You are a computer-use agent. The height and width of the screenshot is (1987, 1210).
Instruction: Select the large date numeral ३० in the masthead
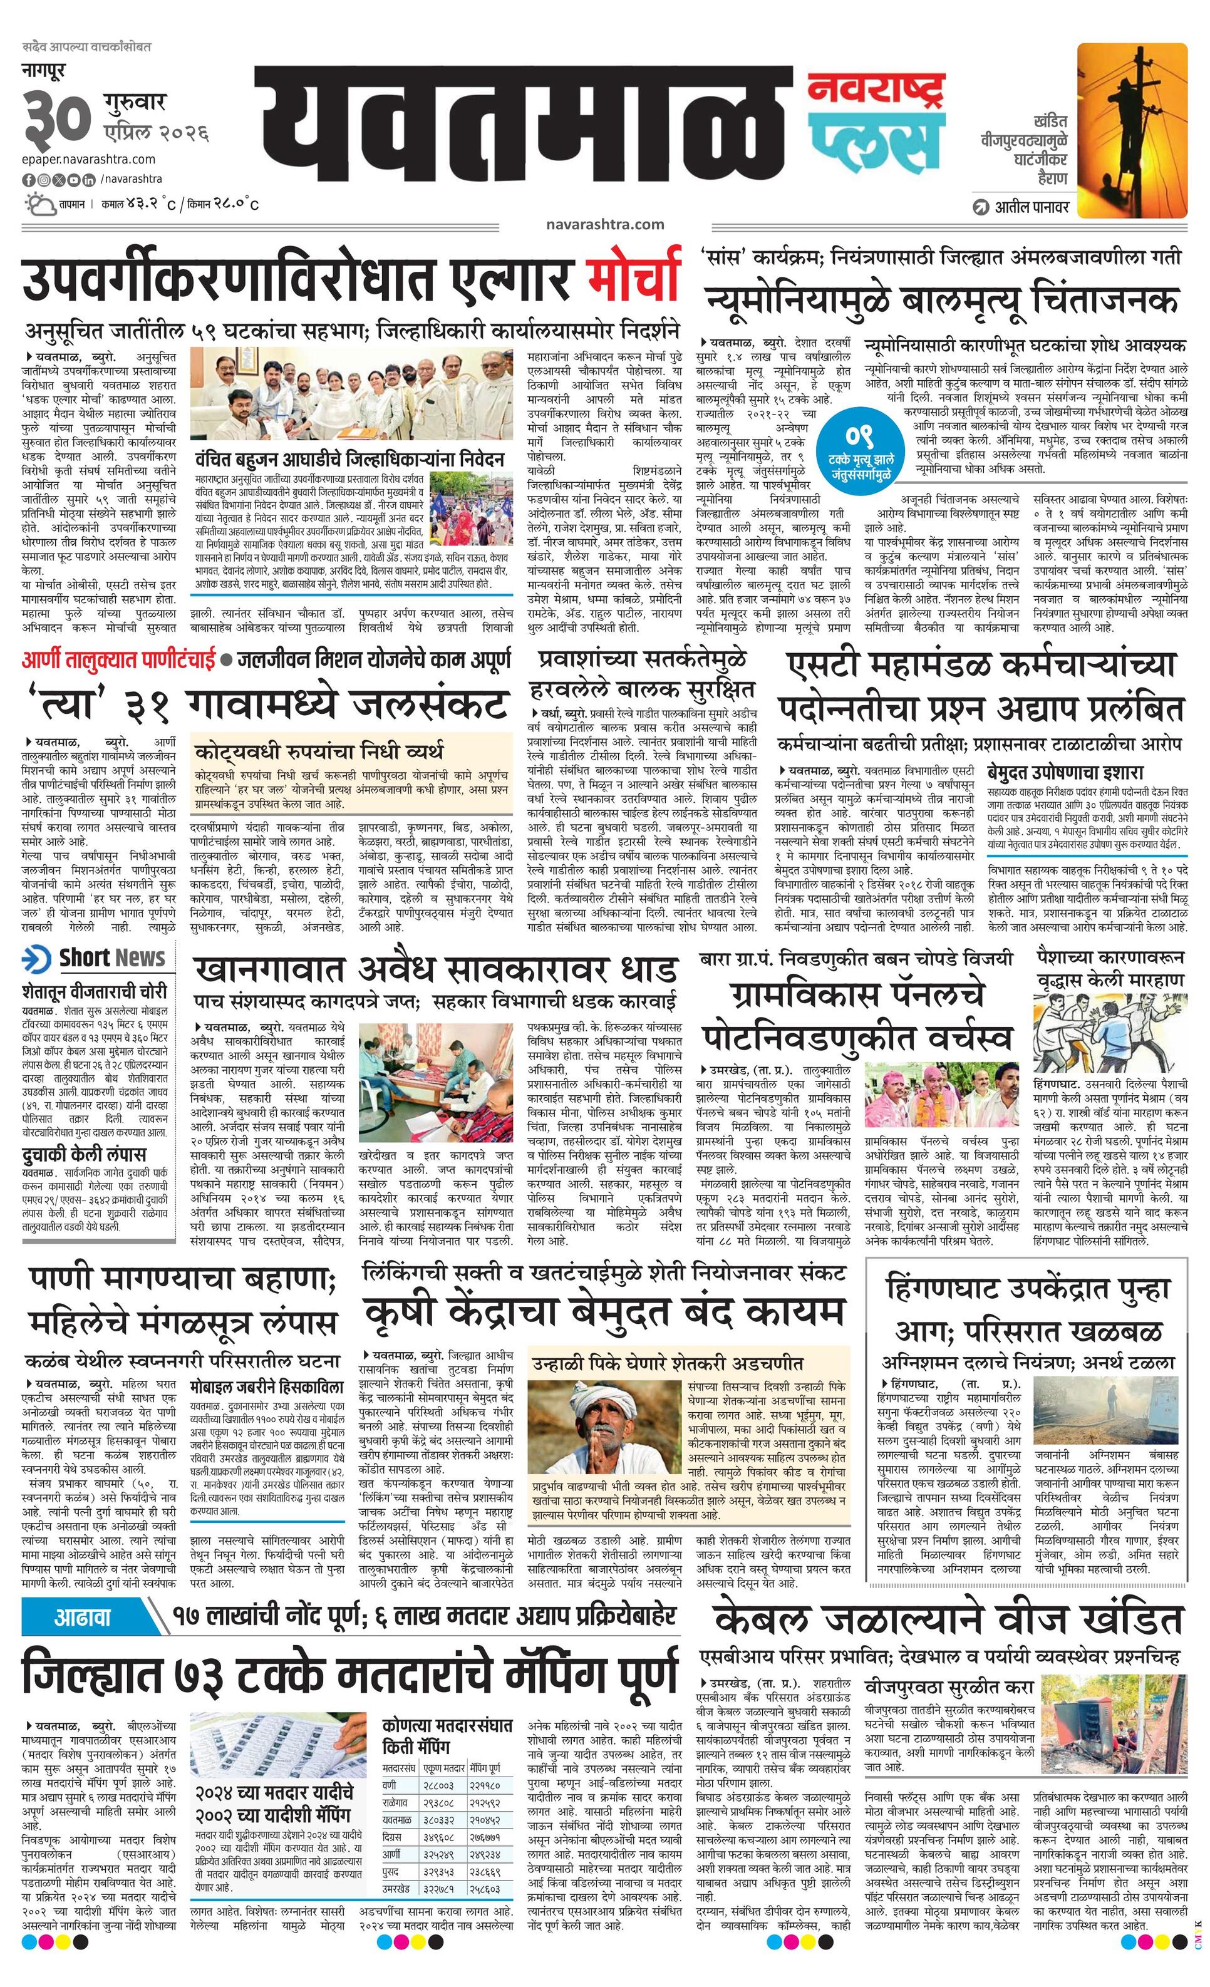tap(56, 118)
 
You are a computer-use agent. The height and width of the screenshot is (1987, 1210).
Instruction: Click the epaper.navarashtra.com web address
tap(89, 160)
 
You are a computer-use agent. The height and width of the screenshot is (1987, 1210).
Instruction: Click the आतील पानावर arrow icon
tap(981, 207)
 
